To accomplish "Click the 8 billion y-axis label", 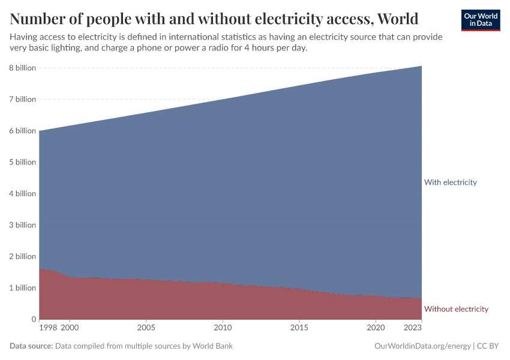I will tap(22, 68).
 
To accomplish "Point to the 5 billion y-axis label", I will tap(22, 162).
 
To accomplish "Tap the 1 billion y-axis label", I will tap(22, 287).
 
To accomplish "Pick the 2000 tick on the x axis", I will tap(70, 328).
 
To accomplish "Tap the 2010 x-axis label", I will tap(223, 328).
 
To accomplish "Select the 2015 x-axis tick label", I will tap(299, 328).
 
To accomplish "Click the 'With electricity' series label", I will tap(450, 182).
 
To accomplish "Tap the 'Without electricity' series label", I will tap(456, 309).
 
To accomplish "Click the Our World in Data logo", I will tap(480, 20).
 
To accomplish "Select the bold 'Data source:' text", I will tap(31, 346).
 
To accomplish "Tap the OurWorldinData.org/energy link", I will tap(422, 346).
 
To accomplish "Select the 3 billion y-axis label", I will tap(22, 225).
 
